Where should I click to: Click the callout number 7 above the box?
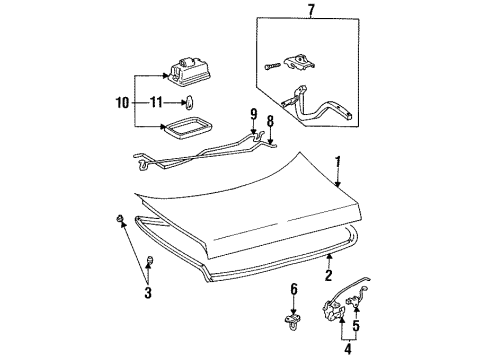click(x=311, y=10)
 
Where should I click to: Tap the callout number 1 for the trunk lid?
click(x=338, y=162)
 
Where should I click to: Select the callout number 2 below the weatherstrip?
click(x=329, y=275)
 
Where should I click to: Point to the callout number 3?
click(x=148, y=293)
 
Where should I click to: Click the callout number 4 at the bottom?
click(x=348, y=349)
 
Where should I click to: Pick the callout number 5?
click(x=356, y=325)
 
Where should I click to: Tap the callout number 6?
click(x=294, y=289)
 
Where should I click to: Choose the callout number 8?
click(x=270, y=121)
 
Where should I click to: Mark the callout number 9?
click(x=254, y=114)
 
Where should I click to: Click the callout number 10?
click(x=122, y=102)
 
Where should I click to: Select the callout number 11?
click(x=156, y=102)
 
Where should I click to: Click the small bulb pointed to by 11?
click(x=189, y=102)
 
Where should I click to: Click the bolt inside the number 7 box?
click(x=272, y=67)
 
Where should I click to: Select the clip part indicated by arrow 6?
click(x=292, y=321)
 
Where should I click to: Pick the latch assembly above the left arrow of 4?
click(x=333, y=310)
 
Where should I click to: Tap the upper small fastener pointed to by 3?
click(x=120, y=219)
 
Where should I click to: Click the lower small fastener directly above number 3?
click(x=150, y=260)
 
